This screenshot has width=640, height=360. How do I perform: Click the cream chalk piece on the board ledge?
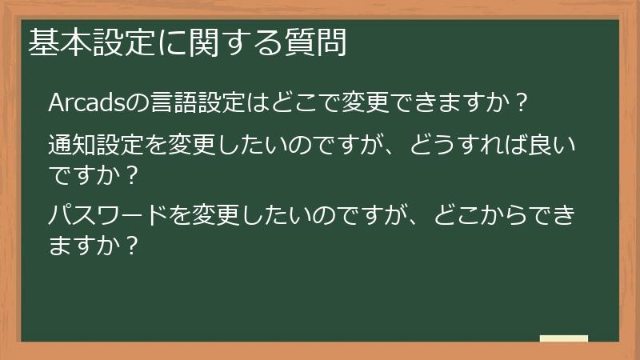[x=564, y=338]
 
